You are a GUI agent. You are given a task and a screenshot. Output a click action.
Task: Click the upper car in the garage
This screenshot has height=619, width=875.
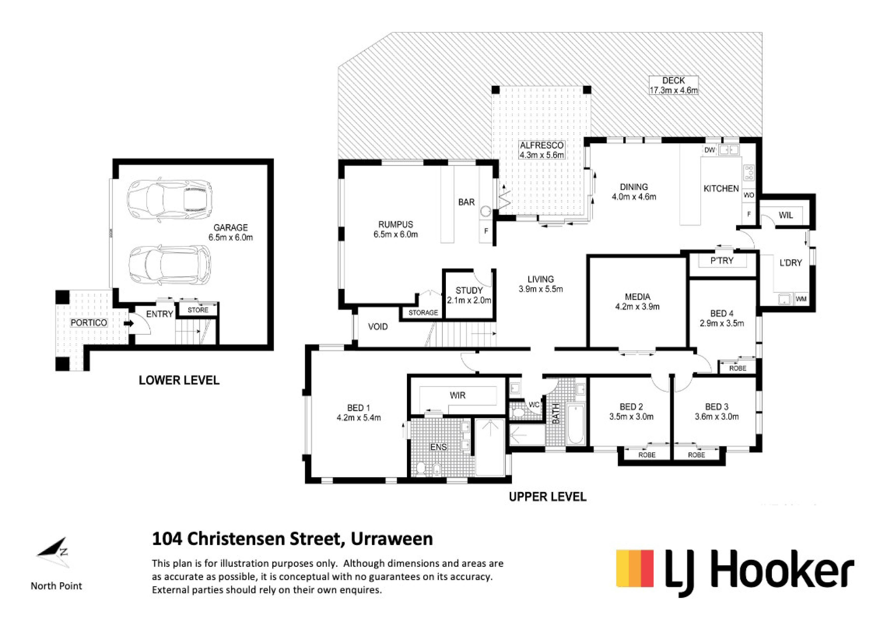pos(169,199)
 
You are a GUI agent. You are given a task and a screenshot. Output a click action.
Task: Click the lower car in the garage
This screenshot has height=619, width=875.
pos(169,265)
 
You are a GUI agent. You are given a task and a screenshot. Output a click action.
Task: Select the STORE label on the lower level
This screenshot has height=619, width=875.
pos(198,310)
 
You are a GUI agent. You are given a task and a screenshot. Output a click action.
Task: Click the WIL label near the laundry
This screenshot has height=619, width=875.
pos(786,215)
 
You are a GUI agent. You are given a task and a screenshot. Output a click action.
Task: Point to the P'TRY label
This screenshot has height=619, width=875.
pos(722,261)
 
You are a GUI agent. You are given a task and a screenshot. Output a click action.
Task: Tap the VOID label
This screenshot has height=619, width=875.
pos(378,327)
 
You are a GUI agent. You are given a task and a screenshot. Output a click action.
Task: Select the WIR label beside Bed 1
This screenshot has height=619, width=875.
pos(458,395)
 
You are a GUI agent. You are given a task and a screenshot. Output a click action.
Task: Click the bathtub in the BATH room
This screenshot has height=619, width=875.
pos(576,424)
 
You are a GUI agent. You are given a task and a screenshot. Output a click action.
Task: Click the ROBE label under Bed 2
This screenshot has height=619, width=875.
pos(647,455)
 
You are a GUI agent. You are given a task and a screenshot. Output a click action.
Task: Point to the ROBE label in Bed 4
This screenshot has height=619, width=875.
pos(738,368)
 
